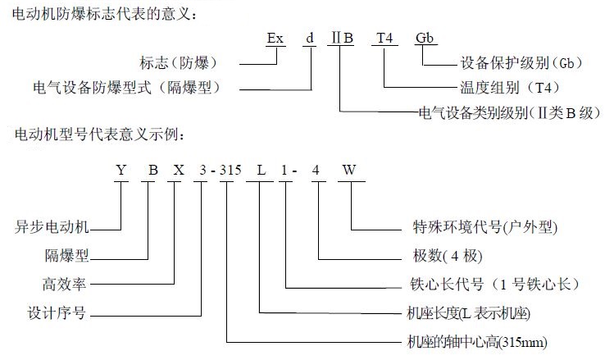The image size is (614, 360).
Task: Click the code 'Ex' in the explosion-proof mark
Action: click(275, 38)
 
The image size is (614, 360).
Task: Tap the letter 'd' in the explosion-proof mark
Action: click(310, 38)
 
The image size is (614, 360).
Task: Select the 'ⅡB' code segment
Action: click(342, 38)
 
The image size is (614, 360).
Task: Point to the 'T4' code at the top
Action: click(384, 38)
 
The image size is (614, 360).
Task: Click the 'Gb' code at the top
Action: click(425, 38)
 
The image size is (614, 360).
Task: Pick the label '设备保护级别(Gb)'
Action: click(521, 62)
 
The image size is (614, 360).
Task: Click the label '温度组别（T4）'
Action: click(510, 88)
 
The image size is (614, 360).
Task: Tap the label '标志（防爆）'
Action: click(179, 62)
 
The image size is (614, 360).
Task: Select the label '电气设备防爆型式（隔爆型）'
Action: click(127, 88)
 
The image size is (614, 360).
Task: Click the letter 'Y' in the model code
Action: click(121, 170)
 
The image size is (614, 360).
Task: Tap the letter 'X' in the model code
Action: click(179, 170)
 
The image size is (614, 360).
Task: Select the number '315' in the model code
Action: click(230, 170)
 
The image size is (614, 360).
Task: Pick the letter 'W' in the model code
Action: click(349, 170)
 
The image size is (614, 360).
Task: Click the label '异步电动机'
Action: click(52, 227)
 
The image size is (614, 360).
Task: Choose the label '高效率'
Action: click(64, 284)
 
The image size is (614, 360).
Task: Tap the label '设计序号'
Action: click(57, 313)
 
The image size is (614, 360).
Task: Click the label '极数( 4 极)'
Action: click(448, 256)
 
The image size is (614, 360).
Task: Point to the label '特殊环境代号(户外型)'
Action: click(484, 227)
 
